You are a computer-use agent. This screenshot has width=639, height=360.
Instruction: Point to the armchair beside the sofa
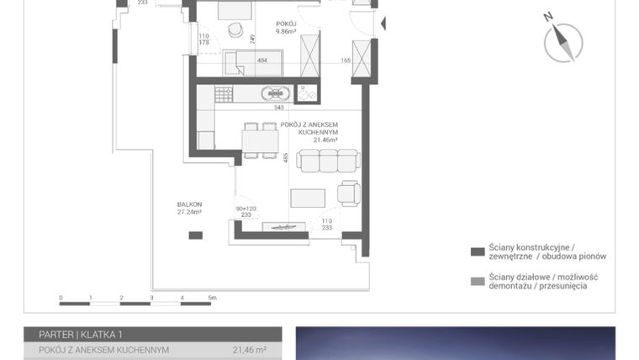(x=348, y=193)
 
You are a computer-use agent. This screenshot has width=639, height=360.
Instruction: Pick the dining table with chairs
(x=259, y=140)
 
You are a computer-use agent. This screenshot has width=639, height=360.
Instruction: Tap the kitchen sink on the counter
(x=276, y=93)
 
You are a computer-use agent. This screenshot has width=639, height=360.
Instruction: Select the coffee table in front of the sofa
(x=308, y=199)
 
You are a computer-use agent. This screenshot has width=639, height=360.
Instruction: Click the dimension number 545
(x=278, y=108)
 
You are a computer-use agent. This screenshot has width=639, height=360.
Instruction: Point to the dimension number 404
(x=261, y=61)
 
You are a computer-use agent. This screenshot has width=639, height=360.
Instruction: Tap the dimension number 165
(x=345, y=61)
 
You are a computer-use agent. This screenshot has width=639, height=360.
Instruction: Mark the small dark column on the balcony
(x=195, y=235)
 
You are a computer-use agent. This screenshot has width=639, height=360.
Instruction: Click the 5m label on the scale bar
(x=213, y=298)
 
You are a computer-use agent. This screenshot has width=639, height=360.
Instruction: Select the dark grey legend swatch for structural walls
(x=478, y=251)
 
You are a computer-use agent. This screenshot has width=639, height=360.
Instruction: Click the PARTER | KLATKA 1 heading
(x=81, y=334)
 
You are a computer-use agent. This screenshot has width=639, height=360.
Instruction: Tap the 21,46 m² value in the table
(x=250, y=350)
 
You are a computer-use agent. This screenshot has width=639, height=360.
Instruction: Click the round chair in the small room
(x=236, y=31)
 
